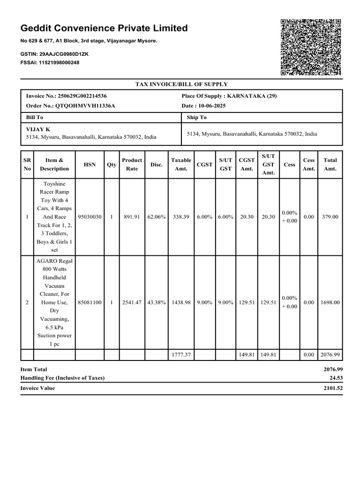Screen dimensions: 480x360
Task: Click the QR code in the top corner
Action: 310,47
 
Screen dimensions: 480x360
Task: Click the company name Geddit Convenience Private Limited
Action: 104,28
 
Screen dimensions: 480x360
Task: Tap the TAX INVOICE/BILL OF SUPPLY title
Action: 181,84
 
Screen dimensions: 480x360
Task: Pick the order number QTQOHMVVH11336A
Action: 85,106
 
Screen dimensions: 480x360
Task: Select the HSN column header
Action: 89,165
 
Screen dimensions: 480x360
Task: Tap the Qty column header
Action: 112,165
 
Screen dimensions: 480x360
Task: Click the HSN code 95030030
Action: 89,217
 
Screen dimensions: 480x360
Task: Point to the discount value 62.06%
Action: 157,217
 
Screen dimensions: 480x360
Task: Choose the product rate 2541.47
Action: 132,303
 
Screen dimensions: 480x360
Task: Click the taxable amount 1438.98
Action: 181,303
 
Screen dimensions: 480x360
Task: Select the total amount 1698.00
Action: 330,303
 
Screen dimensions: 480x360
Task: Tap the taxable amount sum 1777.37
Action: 181,355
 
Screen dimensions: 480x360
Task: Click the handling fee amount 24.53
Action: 337,378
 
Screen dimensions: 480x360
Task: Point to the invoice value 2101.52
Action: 333,388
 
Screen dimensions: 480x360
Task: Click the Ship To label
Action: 196,118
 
